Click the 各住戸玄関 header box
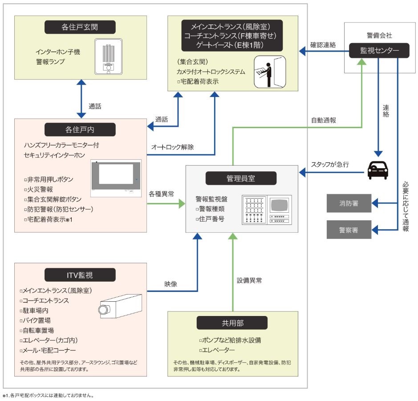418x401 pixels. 80,27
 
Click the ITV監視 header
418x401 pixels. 80,275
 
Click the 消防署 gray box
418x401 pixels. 349,203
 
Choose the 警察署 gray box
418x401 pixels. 349,230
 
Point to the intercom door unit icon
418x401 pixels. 107,57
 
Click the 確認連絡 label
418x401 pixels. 323,45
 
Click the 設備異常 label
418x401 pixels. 249,280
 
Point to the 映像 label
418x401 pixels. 171,283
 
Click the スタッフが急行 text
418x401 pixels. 331,164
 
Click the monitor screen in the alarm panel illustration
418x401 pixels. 280,206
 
